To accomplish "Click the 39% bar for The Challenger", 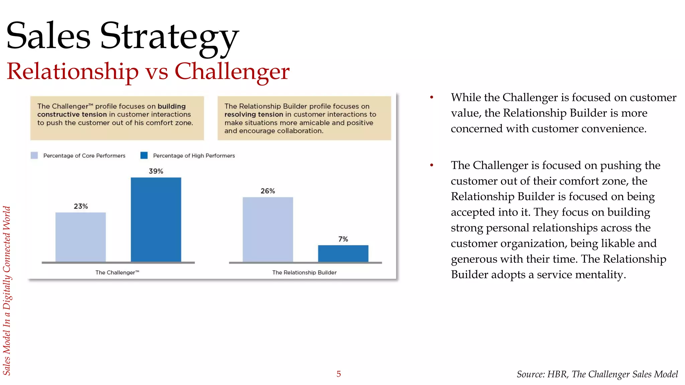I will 156,219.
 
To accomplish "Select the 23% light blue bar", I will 81,237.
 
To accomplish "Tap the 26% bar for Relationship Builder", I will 268,229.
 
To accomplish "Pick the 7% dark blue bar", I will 343,253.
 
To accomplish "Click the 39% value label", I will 156,171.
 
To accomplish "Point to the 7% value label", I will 343,239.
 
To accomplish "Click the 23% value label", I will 81,206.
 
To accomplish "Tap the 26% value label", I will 268,191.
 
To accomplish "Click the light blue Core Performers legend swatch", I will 34,155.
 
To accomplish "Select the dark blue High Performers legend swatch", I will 144,155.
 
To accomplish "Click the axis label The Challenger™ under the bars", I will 117,272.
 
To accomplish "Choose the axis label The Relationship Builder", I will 304,272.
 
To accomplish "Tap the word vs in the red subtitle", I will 157,72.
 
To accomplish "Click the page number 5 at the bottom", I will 338,374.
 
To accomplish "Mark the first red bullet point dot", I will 431,97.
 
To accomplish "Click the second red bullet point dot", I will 431,165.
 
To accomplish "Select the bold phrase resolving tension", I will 254,114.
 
